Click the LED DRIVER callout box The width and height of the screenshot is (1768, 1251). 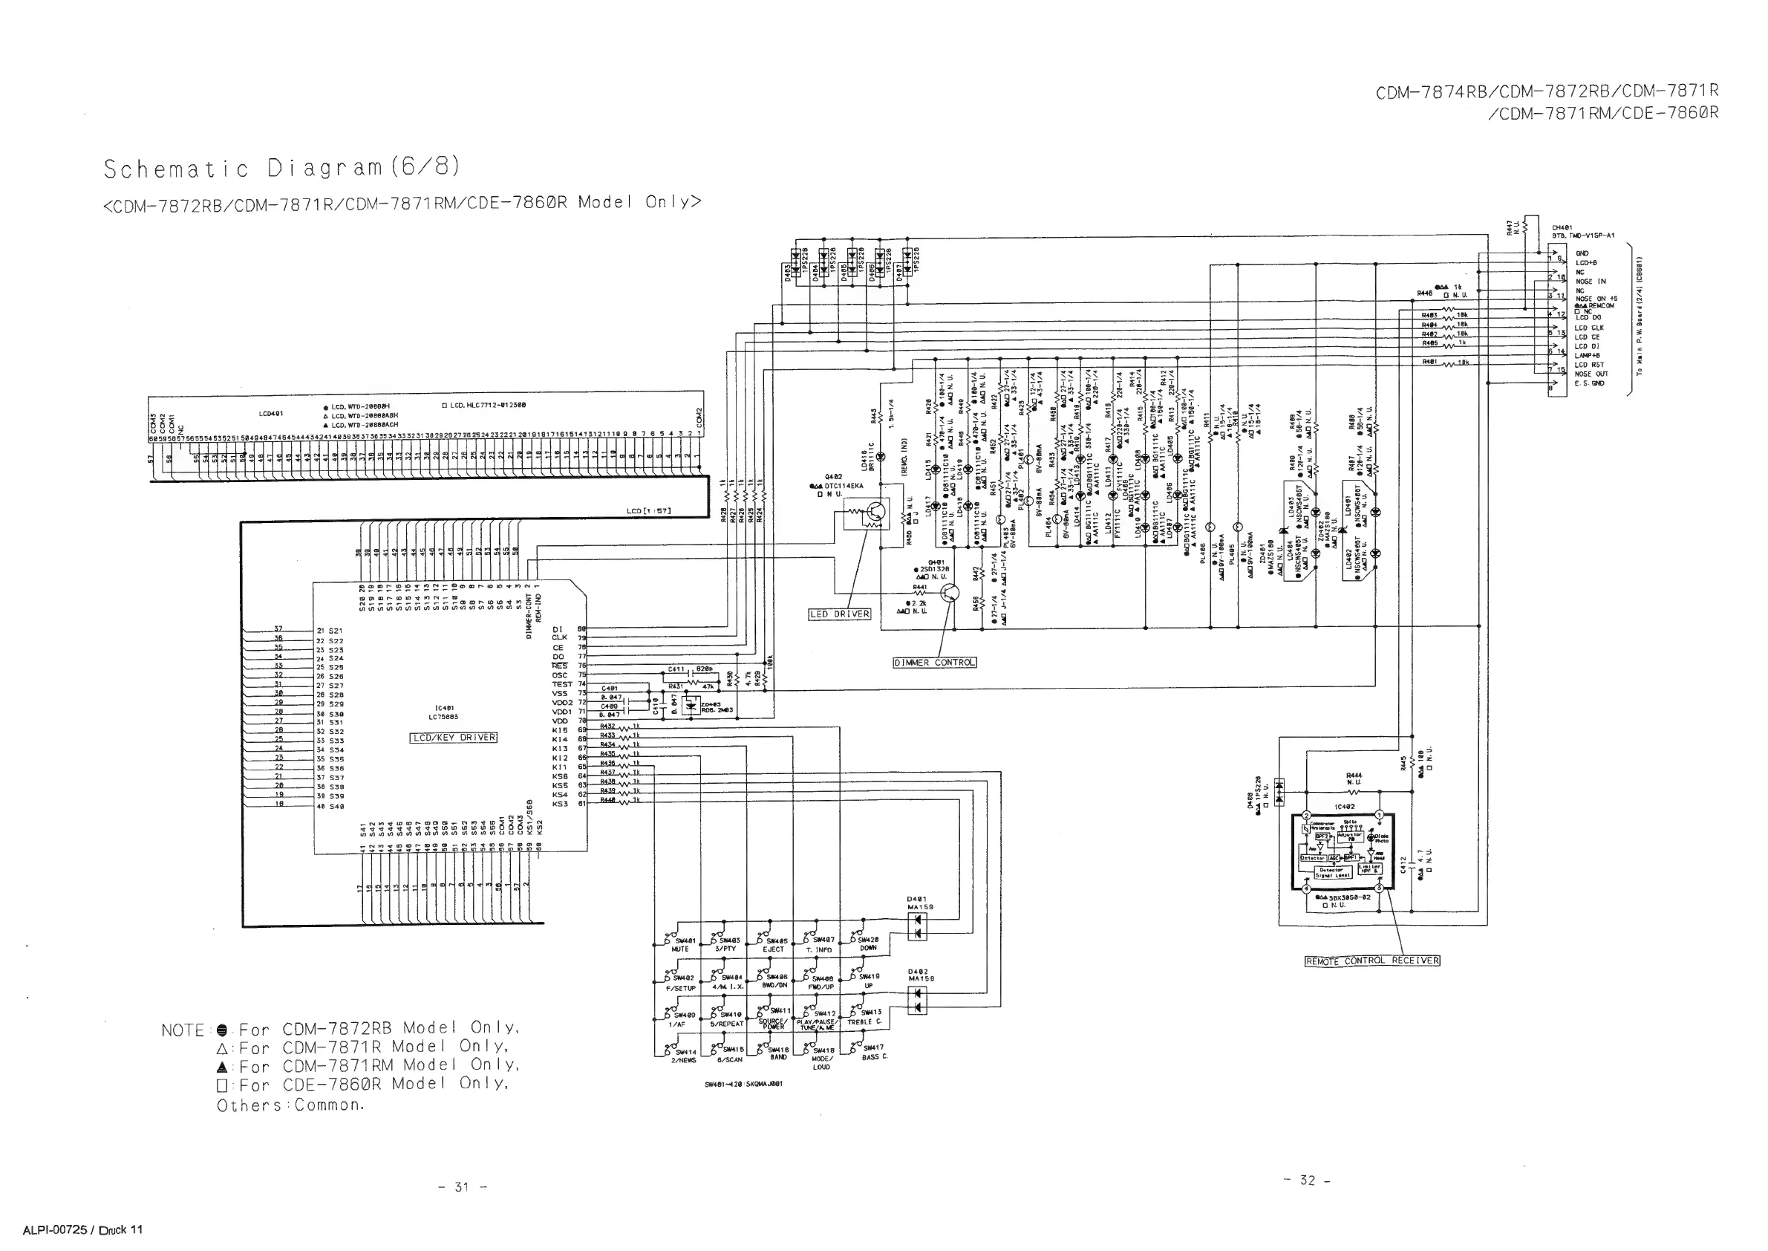tap(839, 614)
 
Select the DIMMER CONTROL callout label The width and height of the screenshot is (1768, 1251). tap(934, 663)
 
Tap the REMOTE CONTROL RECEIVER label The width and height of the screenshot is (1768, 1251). tap(1372, 961)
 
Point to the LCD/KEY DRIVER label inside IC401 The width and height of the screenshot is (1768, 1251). tap(454, 737)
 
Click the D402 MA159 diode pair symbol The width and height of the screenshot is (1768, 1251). tap(917, 1000)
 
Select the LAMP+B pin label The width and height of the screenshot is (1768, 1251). tap(1587, 355)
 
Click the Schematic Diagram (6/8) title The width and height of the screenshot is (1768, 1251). tap(282, 168)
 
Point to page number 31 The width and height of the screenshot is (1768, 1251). tap(462, 1187)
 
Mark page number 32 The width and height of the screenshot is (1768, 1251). tap(1308, 1180)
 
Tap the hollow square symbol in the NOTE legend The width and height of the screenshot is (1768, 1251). tap(223, 1085)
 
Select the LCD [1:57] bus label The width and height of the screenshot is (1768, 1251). tap(649, 510)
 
